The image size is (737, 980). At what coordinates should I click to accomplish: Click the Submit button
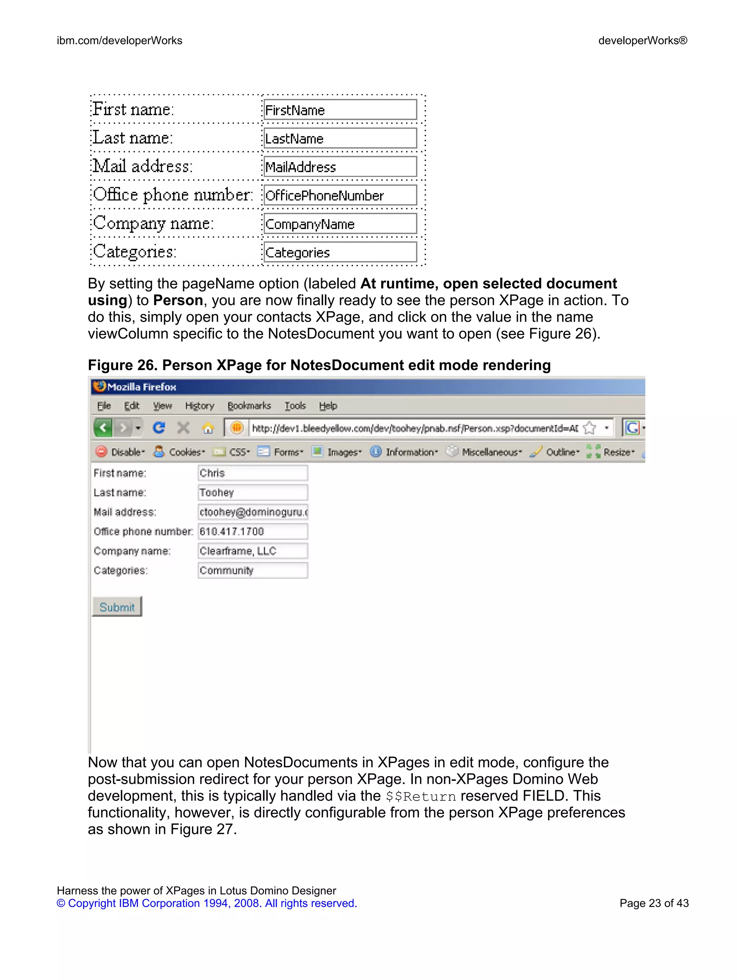tap(117, 606)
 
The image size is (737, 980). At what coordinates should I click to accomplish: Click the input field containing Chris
tap(252, 473)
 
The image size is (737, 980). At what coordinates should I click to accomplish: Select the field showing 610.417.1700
tap(252, 531)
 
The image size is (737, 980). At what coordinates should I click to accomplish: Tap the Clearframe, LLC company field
tap(252, 551)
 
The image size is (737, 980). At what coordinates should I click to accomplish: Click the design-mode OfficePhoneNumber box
tap(340, 195)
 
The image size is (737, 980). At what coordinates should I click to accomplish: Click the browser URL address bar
tap(415, 428)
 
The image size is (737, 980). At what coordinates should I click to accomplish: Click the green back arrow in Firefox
tap(103, 427)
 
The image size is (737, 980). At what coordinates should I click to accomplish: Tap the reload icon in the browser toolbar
tap(159, 427)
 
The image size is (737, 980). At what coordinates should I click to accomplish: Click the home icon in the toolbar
tap(208, 428)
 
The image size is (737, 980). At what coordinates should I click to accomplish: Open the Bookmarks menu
tap(249, 406)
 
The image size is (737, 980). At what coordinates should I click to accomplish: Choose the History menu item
tap(200, 406)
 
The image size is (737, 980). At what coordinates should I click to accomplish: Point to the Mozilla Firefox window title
tap(141, 387)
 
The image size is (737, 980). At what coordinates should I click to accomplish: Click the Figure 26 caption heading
tap(319, 365)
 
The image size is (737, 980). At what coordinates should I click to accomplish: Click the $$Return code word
tap(420, 797)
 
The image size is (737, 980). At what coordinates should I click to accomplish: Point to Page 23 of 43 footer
tap(654, 903)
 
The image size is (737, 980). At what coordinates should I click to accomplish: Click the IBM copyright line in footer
tap(207, 903)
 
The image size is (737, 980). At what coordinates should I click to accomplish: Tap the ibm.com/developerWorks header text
tap(119, 41)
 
